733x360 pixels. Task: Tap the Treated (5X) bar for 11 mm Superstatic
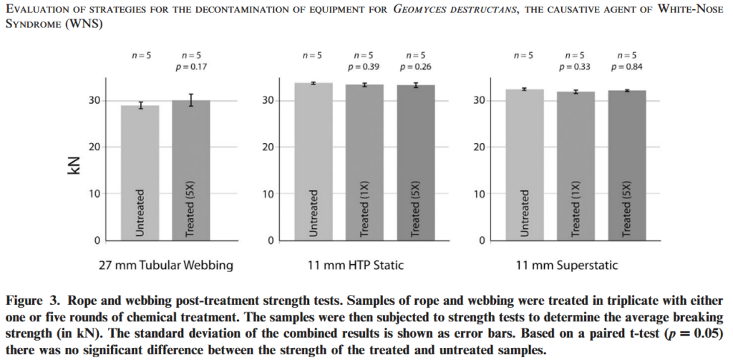[x=627, y=165]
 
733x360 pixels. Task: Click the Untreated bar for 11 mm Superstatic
[x=524, y=164]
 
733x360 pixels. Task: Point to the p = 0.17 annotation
[x=190, y=68]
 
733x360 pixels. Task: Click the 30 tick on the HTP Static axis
[x=268, y=100]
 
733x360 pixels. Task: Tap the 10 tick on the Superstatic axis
[x=482, y=193]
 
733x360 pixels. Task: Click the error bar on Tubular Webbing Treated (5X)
[x=190, y=100]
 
